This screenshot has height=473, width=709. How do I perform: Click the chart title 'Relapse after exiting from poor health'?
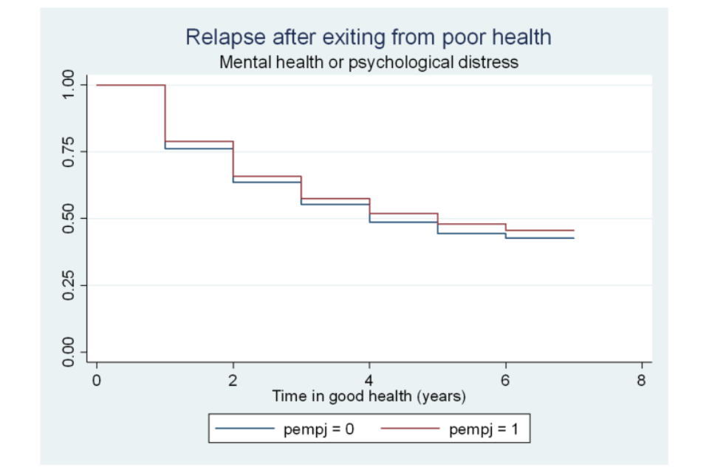(x=369, y=37)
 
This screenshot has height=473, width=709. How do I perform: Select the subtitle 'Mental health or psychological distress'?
(x=369, y=62)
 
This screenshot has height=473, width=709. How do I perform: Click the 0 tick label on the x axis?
(x=97, y=380)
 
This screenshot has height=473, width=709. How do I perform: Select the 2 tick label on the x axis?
(x=233, y=380)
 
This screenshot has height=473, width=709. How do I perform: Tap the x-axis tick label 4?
(x=369, y=380)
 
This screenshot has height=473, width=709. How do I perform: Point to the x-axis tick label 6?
(x=505, y=380)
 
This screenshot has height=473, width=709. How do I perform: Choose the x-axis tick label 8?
(x=641, y=380)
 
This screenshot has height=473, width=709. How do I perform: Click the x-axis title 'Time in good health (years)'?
(x=369, y=397)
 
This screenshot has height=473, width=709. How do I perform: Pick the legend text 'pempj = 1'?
(x=484, y=428)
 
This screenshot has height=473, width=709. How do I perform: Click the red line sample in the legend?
(x=410, y=428)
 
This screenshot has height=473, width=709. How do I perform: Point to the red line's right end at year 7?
(x=573, y=231)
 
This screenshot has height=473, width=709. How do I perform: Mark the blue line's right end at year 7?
(x=573, y=238)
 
